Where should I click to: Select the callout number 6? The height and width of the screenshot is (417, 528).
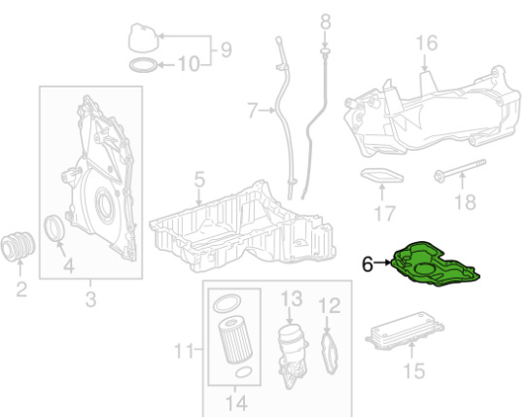(x=367, y=263)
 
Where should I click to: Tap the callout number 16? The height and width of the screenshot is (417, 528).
(x=427, y=43)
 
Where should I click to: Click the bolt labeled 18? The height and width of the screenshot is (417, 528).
(x=460, y=171)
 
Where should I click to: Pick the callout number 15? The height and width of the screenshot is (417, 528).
(x=414, y=370)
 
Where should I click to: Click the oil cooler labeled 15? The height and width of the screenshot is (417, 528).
(x=405, y=330)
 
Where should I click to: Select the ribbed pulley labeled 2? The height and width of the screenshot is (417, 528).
(x=18, y=246)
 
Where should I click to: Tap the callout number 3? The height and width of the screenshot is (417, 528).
(x=90, y=298)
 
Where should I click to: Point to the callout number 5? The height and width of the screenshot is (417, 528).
(x=199, y=179)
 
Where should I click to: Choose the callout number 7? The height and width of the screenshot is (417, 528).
(x=252, y=111)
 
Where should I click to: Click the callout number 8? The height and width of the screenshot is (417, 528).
(x=326, y=21)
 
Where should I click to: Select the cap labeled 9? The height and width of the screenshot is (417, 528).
(x=144, y=38)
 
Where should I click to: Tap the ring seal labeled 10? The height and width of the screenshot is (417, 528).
(x=144, y=65)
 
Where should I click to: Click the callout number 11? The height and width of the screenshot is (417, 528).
(x=184, y=350)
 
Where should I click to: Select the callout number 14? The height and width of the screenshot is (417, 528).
(x=236, y=402)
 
